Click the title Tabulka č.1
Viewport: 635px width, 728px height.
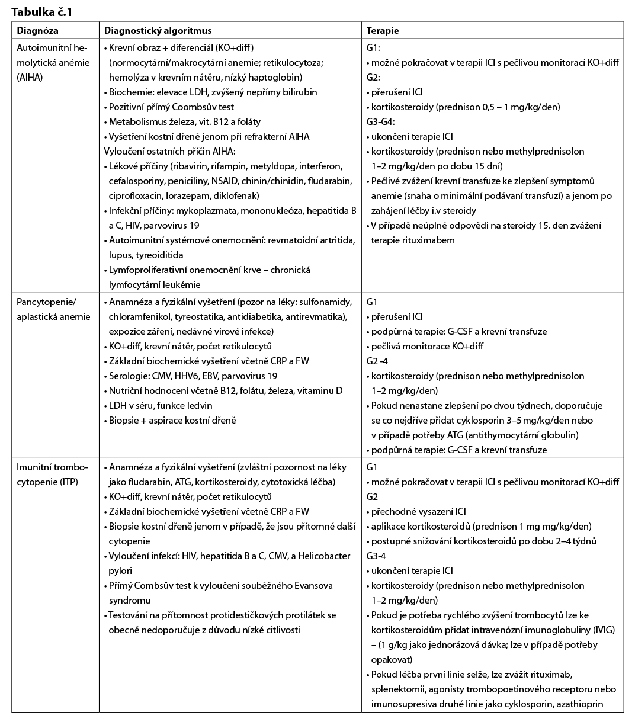tap(43, 11)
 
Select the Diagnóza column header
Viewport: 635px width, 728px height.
tap(37, 31)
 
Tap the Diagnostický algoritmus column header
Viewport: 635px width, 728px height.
tap(158, 31)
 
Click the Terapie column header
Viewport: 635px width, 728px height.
tap(383, 31)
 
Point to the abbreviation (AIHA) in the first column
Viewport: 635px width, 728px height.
tap(31, 77)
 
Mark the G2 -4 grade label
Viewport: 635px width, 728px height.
tap(378, 361)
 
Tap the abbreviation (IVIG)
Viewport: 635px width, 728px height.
tap(601, 630)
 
